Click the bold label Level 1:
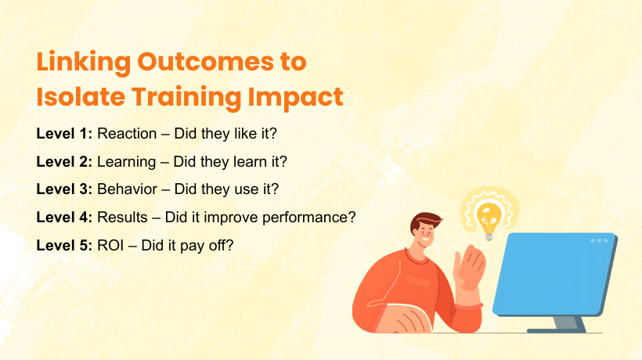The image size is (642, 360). (x=64, y=134)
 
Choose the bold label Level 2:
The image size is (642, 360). (x=64, y=162)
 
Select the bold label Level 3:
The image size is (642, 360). (x=64, y=189)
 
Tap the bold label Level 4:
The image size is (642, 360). (x=64, y=217)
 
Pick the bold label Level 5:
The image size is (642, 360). (x=64, y=244)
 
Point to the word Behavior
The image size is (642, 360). (x=125, y=189)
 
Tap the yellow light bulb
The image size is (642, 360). (x=489, y=213)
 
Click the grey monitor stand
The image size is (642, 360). (x=565, y=322)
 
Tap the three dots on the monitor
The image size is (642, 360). (x=600, y=240)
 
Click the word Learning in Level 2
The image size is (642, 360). (x=124, y=162)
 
